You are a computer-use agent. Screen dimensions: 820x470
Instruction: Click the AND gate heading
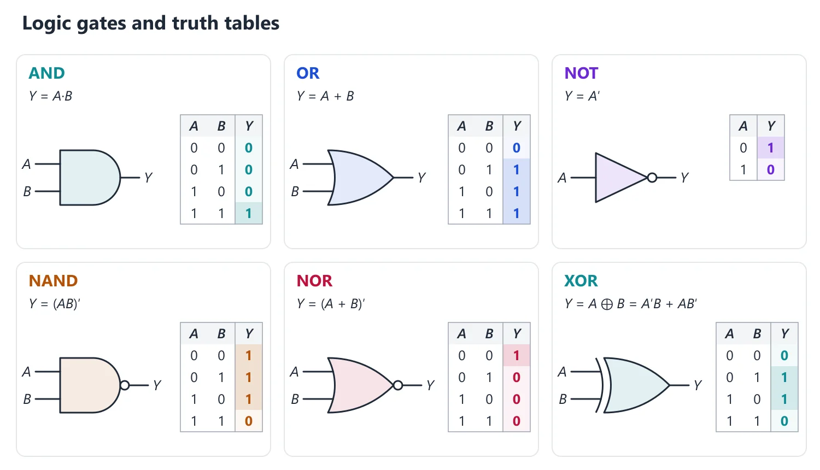(x=46, y=73)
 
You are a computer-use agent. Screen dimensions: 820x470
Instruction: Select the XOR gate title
(x=581, y=281)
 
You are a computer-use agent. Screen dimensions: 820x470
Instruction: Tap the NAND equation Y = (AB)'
(x=54, y=304)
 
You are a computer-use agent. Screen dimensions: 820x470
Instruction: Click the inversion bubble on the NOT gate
(x=652, y=178)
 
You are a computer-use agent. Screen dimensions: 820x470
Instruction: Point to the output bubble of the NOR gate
(x=398, y=385)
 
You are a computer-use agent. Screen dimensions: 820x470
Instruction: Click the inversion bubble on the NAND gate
(x=125, y=385)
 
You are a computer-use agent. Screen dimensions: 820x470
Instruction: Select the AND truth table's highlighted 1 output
(x=249, y=213)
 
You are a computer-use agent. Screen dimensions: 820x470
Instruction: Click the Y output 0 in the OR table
(x=517, y=148)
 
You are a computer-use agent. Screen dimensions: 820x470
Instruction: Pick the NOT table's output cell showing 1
(x=771, y=148)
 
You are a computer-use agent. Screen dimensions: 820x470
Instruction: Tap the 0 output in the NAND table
(x=249, y=421)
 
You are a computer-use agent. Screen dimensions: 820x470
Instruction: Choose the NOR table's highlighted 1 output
(x=517, y=355)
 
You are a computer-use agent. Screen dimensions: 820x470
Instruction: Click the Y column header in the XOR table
(x=784, y=333)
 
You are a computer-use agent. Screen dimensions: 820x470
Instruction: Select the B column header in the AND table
(x=221, y=126)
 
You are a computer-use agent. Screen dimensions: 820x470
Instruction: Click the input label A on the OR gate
(x=294, y=164)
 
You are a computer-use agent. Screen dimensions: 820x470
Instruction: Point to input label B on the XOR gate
(x=563, y=399)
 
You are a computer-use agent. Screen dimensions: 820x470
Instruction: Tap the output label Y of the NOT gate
(x=684, y=178)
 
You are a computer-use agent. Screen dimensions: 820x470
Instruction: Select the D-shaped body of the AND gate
(x=90, y=178)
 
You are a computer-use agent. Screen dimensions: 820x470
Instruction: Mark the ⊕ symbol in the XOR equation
(x=607, y=304)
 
